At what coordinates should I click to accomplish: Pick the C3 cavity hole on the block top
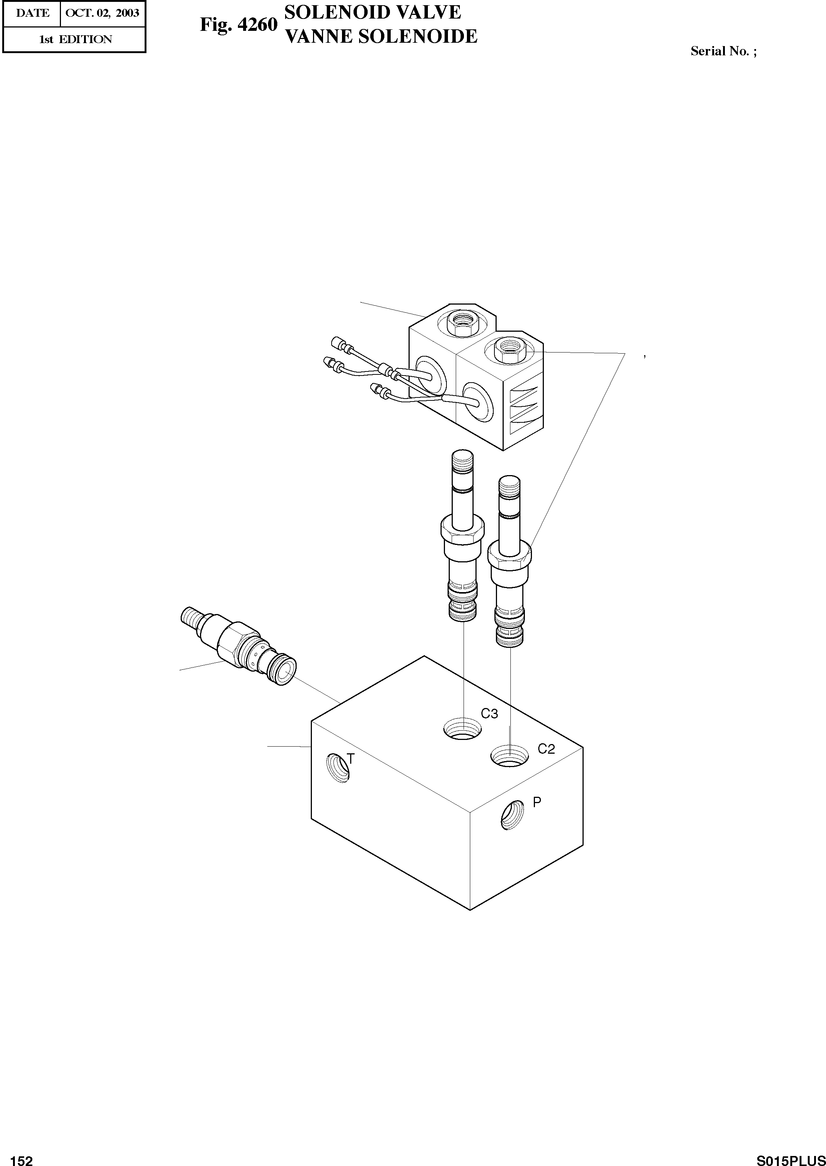[x=462, y=730]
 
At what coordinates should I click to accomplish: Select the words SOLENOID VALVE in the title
[x=372, y=12]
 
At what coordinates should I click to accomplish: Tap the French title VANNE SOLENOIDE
[x=380, y=36]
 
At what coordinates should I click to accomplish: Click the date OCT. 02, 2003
[x=103, y=13]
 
